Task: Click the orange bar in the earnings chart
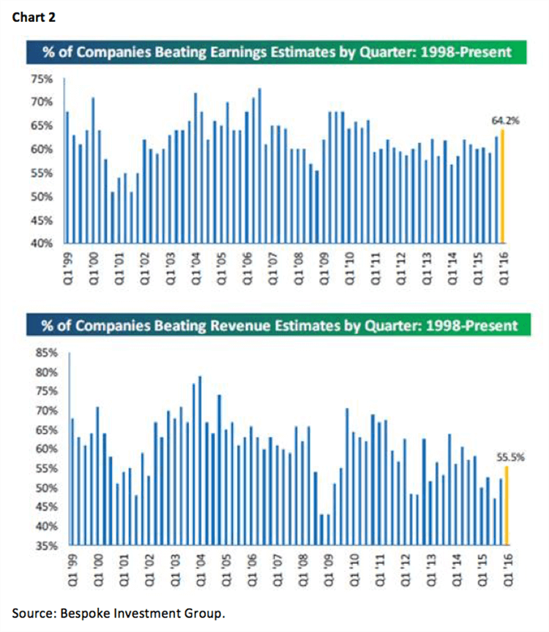pos(502,186)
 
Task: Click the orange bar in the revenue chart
pos(507,505)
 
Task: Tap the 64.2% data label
pos(506,121)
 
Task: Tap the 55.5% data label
pos(510,457)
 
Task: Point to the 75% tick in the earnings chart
pos(42,79)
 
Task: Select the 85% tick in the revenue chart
pos(47,353)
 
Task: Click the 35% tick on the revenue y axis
pos(47,546)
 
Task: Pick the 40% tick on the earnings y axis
pos(42,243)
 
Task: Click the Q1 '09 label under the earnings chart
pos(324,269)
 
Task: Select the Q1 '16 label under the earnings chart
pos(504,269)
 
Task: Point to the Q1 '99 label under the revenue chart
pos(72,570)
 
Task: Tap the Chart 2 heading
pos(34,18)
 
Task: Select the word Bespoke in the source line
pos(85,614)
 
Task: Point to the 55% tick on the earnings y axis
pos(42,174)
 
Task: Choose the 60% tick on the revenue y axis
pos(47,449)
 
